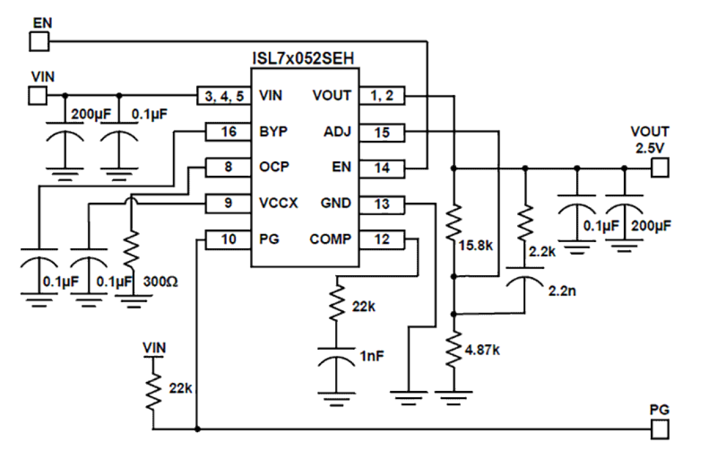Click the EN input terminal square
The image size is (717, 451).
pos(38,41)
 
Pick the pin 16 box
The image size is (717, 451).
pos(228,132)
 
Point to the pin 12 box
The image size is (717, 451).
pos(382,239)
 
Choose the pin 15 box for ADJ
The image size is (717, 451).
pos(382,132)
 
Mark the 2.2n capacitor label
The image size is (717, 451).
pos(561,291)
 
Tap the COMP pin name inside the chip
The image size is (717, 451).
pos(331,239)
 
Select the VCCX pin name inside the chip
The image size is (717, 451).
pos(278,203)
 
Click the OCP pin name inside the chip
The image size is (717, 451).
pos(273,167)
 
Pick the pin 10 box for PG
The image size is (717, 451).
pos(228,239)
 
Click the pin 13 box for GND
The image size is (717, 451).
pos(382,203)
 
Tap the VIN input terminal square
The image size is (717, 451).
pos(38,95)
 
